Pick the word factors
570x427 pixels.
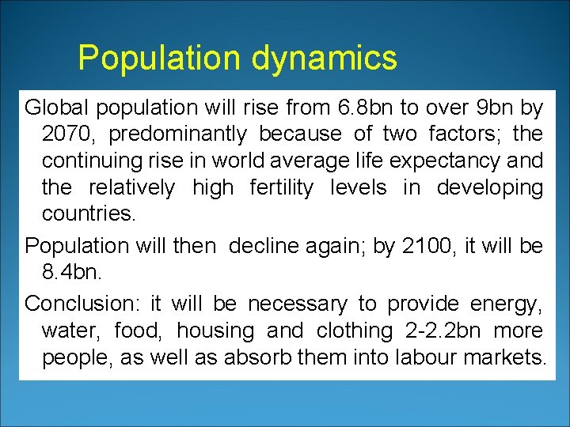[462, 134]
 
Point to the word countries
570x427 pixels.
[88, 214]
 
